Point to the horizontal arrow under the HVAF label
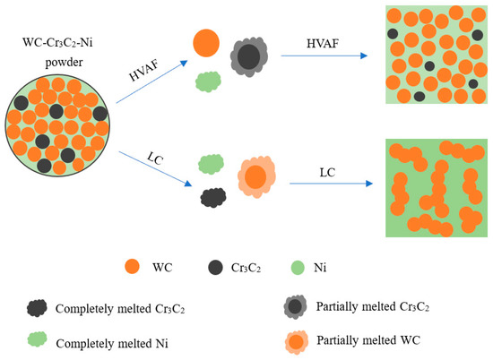(x=324, y=56)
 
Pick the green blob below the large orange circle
(x=208, y=82)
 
